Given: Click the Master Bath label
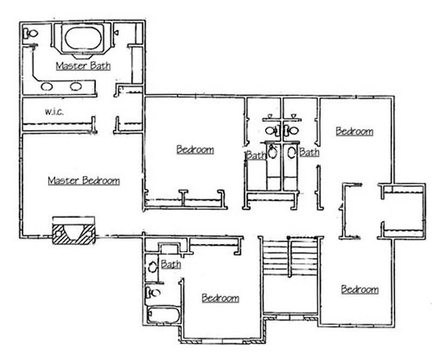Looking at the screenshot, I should pyautogui.click(x=84, y=66).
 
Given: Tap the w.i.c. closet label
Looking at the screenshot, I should pyautogui.click(x=55, y=112).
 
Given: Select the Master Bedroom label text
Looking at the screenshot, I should pyautogui.click(x=84, y=180).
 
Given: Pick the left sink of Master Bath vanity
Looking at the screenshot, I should pyautogui.click(x=48, y=85).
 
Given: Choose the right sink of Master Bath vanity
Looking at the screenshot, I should pyautogui.click(x=76, y=85).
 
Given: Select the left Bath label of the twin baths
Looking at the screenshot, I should pyautogui.click(x=256, y=155).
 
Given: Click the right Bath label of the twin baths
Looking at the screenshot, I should pyautogui.click(x=309, y=152).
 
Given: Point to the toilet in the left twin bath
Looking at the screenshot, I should pyautogui.click(x=274, y=130).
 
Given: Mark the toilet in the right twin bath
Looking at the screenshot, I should pyautogui.click(x=292, y=130).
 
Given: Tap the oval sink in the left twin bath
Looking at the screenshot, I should pyautogui.click(x=273, y=152).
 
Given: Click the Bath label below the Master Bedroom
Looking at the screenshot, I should pyautogui.click(x=171, y=264).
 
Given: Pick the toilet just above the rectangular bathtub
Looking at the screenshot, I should pyautogui.click(x=153, y=293).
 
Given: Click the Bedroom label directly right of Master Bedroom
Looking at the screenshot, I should pyautogui.click(x=195, y=150).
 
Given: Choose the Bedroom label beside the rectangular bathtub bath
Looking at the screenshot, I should pyautogui.click(x=220, y=298).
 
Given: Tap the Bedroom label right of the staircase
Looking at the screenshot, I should pyautogui.click(x=359, y=289).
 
